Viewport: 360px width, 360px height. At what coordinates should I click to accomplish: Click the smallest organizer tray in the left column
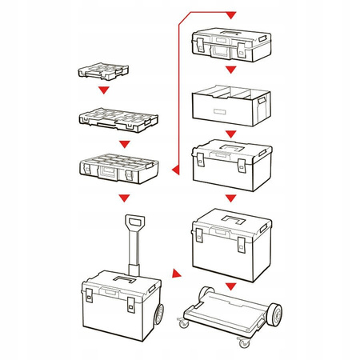pyautogui.click(x=101, y=70)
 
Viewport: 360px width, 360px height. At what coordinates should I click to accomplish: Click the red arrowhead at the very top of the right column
pyautogui.click(x=231, y=15)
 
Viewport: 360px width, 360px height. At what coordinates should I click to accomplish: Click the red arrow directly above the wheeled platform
pyautogui.click(x=231, y=286)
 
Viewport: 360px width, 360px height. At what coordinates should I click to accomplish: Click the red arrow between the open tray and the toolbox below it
pyautogui.click(x=231, y=133)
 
